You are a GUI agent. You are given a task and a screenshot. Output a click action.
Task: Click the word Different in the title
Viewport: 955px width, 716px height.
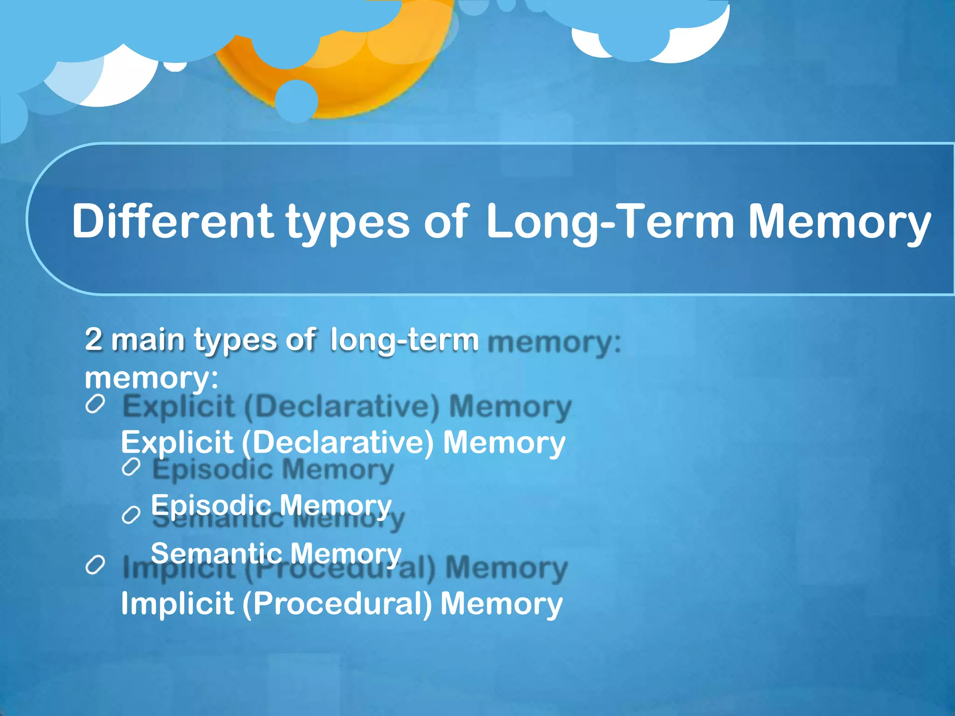point(172,221)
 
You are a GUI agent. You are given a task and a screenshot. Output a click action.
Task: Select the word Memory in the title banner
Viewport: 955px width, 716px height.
point(839,223)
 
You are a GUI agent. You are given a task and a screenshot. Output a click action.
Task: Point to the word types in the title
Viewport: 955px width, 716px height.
point(348,224)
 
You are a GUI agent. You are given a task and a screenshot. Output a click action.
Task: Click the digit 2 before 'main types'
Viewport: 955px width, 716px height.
point(93,339)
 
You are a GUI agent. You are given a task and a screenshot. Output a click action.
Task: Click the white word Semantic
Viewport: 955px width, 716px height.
point(215,553)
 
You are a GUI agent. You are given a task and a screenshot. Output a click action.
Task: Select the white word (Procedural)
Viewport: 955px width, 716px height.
point(337,604)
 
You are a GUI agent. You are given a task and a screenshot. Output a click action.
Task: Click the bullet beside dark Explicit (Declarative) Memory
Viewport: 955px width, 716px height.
point(95,404)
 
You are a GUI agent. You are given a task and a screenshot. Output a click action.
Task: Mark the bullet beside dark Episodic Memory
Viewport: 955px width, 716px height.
point(131,467)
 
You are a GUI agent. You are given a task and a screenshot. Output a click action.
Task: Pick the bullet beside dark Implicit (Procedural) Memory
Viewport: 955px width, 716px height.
point(95,565)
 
